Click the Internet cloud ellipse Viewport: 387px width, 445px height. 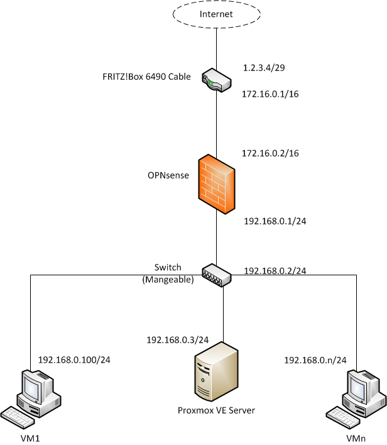pyautogui.click(x=216, y=14)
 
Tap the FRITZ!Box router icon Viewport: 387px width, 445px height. pyautogui.click(x=216, y=81)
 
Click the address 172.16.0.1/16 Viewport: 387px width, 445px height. pyautogui.click(x=270, y=94)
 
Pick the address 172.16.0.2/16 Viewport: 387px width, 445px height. pyautogui.click(x=270, y=153)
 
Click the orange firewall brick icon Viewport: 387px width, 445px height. pyautogui.click(x=215, y=184)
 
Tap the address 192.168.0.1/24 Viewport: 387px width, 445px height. pyautogui.click(x=275, y=221)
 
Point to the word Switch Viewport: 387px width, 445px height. pyautogui.click(x=168, y=268)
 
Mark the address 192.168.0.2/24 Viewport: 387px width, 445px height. pyautogui.click(x=275, y=272)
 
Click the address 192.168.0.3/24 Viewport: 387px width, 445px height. pyautogui.click(x=177, y=340)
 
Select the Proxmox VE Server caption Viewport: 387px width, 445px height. pyautogui.click(x=216, y=411)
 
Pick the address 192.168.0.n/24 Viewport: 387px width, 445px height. pyautogui.click(x=315, y=360)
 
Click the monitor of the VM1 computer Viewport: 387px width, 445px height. pyautogui.click(x=34, y=388)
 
